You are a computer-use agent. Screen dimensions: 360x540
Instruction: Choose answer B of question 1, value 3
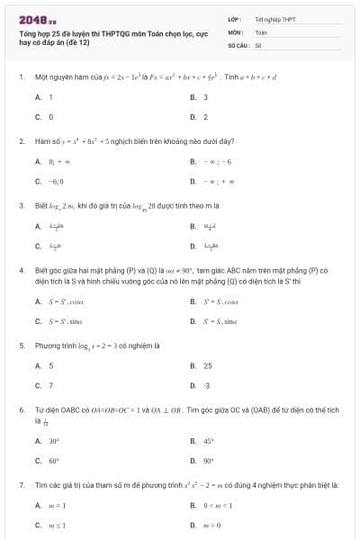point(205,97)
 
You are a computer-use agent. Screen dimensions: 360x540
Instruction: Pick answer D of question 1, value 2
point(205,117)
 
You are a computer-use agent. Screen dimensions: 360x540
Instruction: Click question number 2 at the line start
point(21,141)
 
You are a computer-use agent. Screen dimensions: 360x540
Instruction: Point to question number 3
point(21,205)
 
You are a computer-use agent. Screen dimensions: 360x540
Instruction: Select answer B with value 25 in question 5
point(207,365)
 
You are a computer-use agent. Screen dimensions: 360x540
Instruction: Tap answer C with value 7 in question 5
point(50,385)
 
